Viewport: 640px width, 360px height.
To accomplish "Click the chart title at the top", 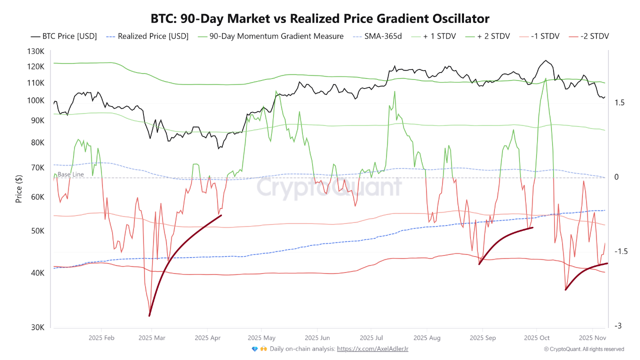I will click(320, 18).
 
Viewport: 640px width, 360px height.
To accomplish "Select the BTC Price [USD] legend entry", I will click(63, 36).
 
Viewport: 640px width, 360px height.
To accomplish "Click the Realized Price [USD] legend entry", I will click(148, 36).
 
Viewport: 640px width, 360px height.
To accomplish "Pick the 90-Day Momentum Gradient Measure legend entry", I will click(271, 36).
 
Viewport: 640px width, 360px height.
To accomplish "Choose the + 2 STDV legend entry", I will click(487, 36).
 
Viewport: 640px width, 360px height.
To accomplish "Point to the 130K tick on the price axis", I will click(35, 52).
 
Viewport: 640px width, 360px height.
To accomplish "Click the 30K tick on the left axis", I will click(37, 327).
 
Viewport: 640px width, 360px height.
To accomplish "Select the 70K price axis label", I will click(37, 168).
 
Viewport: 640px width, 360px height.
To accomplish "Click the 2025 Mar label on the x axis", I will click(151, 338).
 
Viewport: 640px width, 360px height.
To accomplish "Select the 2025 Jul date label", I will click(371, 338).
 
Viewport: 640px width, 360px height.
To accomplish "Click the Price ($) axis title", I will click(19, 189).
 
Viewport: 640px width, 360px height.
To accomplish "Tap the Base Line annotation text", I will click(70, 174).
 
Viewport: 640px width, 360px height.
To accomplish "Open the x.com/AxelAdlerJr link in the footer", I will click(372, 349).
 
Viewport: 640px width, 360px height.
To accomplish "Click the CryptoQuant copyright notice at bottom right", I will click(583, 349).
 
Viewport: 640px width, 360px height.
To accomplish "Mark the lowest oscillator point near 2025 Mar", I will click(149, 314).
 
